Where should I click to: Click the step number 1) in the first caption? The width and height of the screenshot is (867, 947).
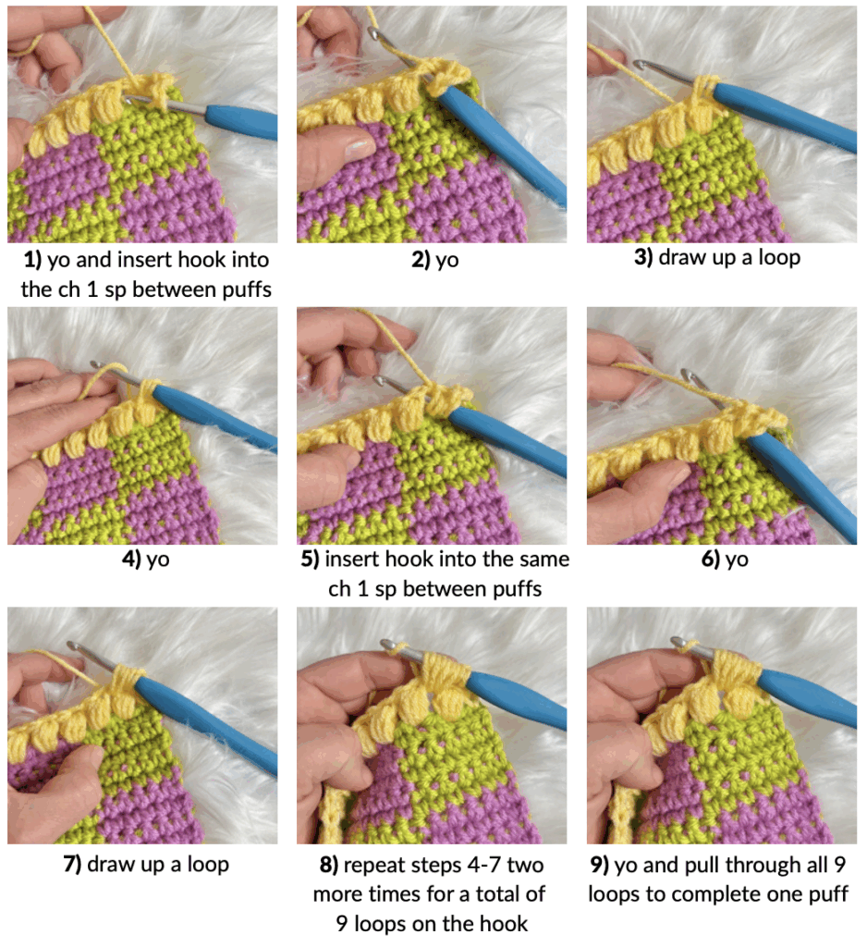pyautogui.click(x=32, y=260)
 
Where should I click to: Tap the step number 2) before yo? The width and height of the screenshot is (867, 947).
pyautogui.click(x=421, y=260)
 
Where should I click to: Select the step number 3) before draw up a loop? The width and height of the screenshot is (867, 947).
pyautogui.click(x=643, y=257)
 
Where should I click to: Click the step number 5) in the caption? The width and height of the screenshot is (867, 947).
pyautogui.click(x=310, y=560)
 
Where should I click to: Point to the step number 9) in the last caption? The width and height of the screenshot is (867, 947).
pyautogui.click(x=599, y=865)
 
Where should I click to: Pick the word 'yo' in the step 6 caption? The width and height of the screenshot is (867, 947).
pyautogui.click(x=736, y=560)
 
